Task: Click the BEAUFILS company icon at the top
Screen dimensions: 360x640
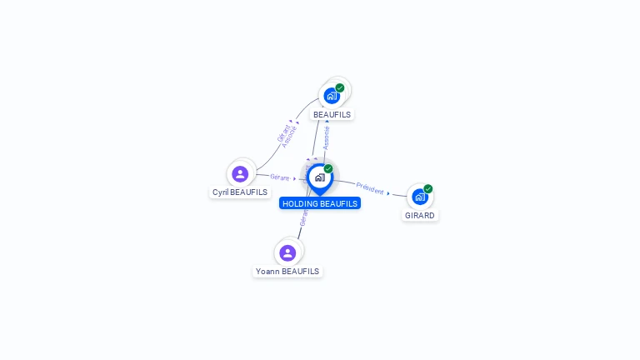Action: (x=332, y=95)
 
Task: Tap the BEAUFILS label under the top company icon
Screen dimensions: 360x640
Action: (x=332, y=114)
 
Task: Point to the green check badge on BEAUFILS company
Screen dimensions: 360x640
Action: (x=340, y=87)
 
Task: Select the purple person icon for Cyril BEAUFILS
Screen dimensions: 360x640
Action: (x=240, y=174)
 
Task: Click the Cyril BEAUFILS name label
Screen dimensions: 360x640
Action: (x=240, y=192)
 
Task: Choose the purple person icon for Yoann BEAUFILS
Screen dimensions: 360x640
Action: (x=287, y=252)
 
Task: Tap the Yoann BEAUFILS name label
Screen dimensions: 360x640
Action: (x=287, y=271)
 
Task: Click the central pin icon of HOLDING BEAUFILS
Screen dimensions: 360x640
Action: (x=319, y=177)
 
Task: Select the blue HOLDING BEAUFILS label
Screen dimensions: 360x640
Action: (x=320, y=203)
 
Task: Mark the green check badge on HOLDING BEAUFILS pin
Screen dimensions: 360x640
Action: (x=328, y=169)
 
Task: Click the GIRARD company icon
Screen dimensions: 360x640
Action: (x=419, y=197)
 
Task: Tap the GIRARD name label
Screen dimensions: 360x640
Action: (x=420, y=215)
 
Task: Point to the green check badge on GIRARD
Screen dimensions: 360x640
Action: (x=428, y=188)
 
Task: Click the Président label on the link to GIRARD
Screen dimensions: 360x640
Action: (x=369, y=187)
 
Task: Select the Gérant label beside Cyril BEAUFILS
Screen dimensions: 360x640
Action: (x=279, y=177)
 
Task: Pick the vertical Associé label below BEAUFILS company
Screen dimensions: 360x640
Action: (x=327, y=138)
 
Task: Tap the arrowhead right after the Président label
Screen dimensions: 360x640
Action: (x=388, y=193)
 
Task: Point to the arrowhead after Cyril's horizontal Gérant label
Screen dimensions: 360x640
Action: (x=295, y=178)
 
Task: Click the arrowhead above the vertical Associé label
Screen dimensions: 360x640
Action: (x=327, y=121)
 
